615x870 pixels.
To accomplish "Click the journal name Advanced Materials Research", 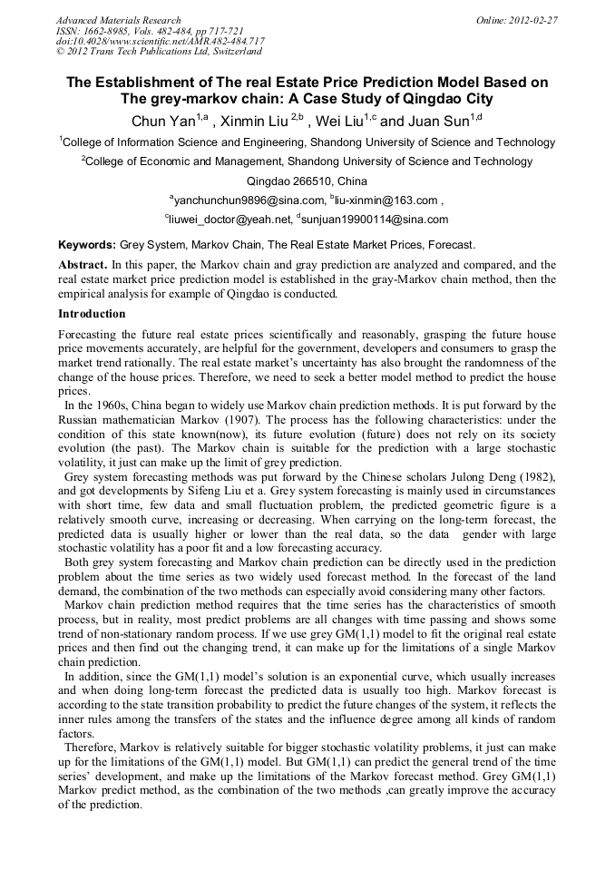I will (118, 20).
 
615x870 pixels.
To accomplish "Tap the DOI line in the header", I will (160, 42).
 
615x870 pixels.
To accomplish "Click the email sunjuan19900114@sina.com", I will (375, 220).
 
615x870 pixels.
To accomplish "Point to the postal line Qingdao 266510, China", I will (307, 181).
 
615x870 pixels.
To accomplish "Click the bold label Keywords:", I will (87, 245).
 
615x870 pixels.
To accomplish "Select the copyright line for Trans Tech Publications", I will (159, 53).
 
